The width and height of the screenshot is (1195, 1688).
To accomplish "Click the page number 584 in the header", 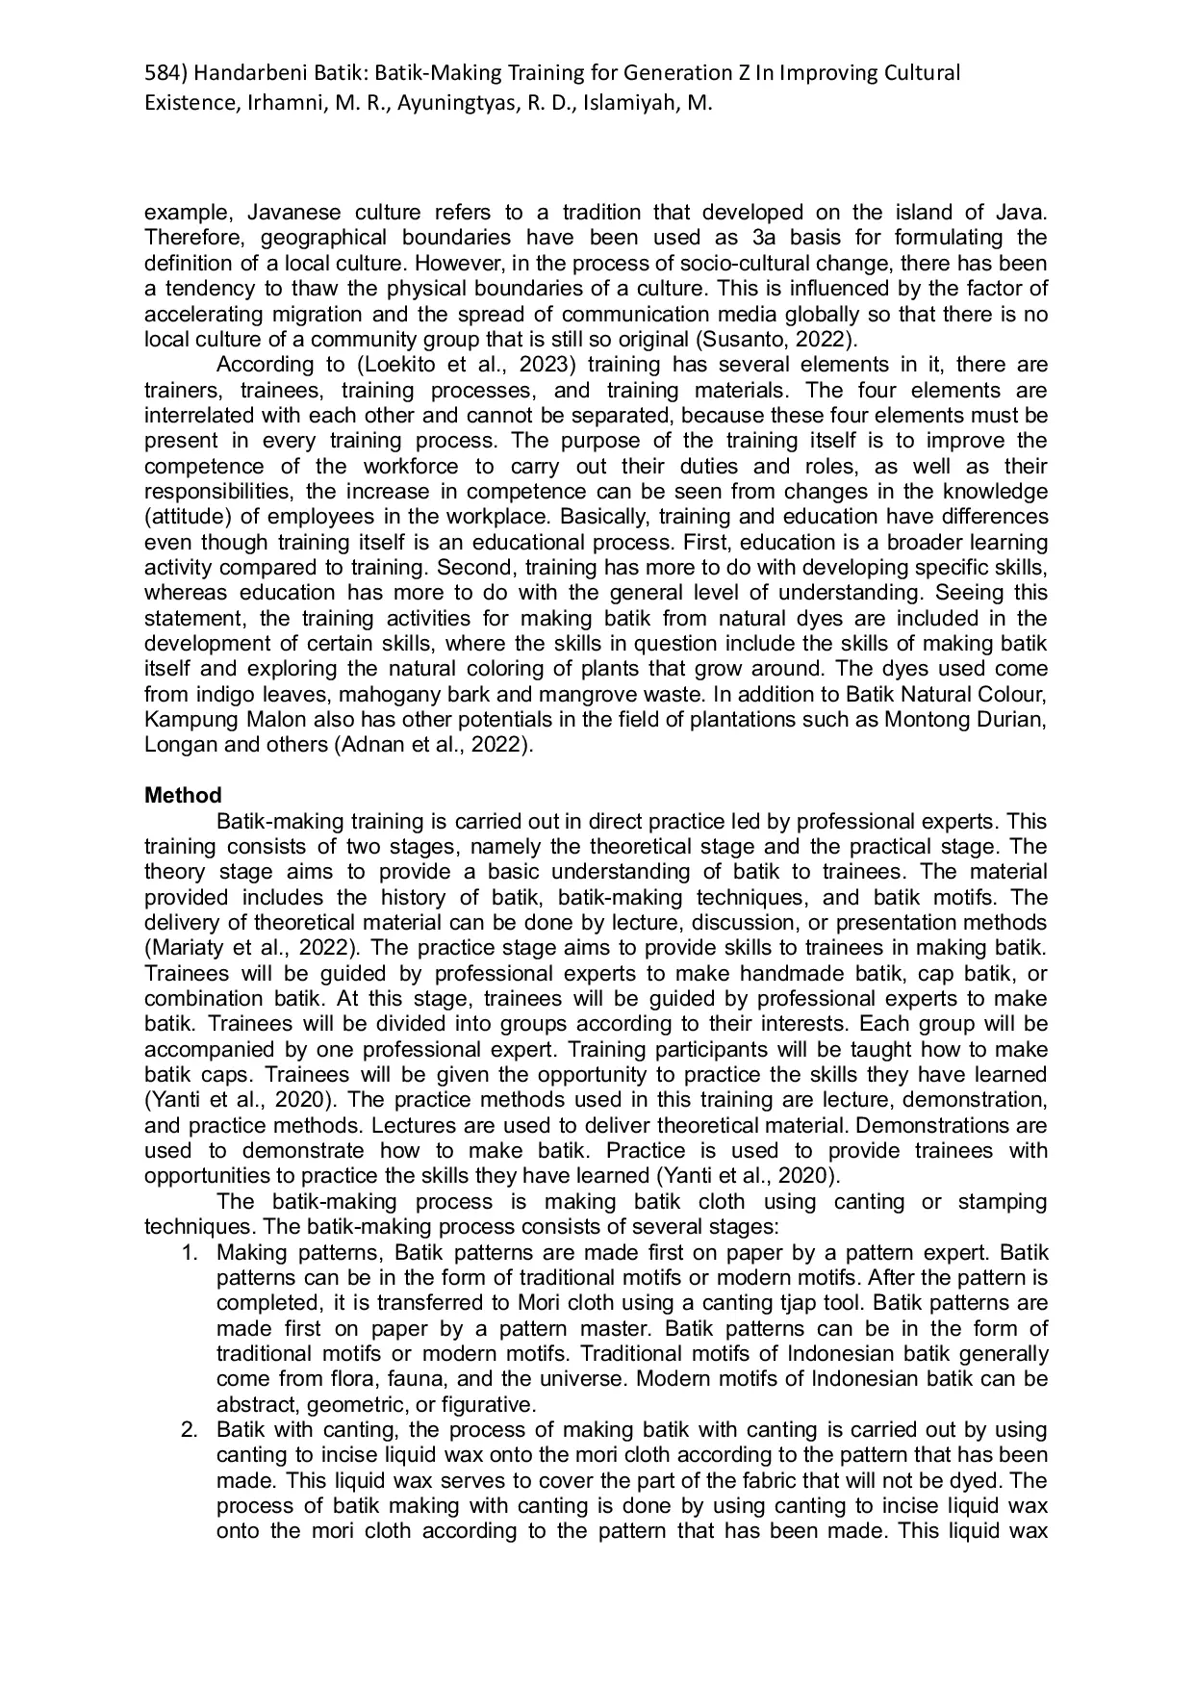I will pyautogui.click(x=161, y=73).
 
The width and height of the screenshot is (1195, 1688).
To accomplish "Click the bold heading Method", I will pyautogui.click(x=183, y=796).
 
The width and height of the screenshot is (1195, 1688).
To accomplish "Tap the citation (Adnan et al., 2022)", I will pyautogui.click(x=432, y=745).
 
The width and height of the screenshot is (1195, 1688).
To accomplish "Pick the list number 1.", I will pyautogui.click(x=190, y=1253).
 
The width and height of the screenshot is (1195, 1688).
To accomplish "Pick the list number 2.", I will pyautogui.click(x=190, y=1430).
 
